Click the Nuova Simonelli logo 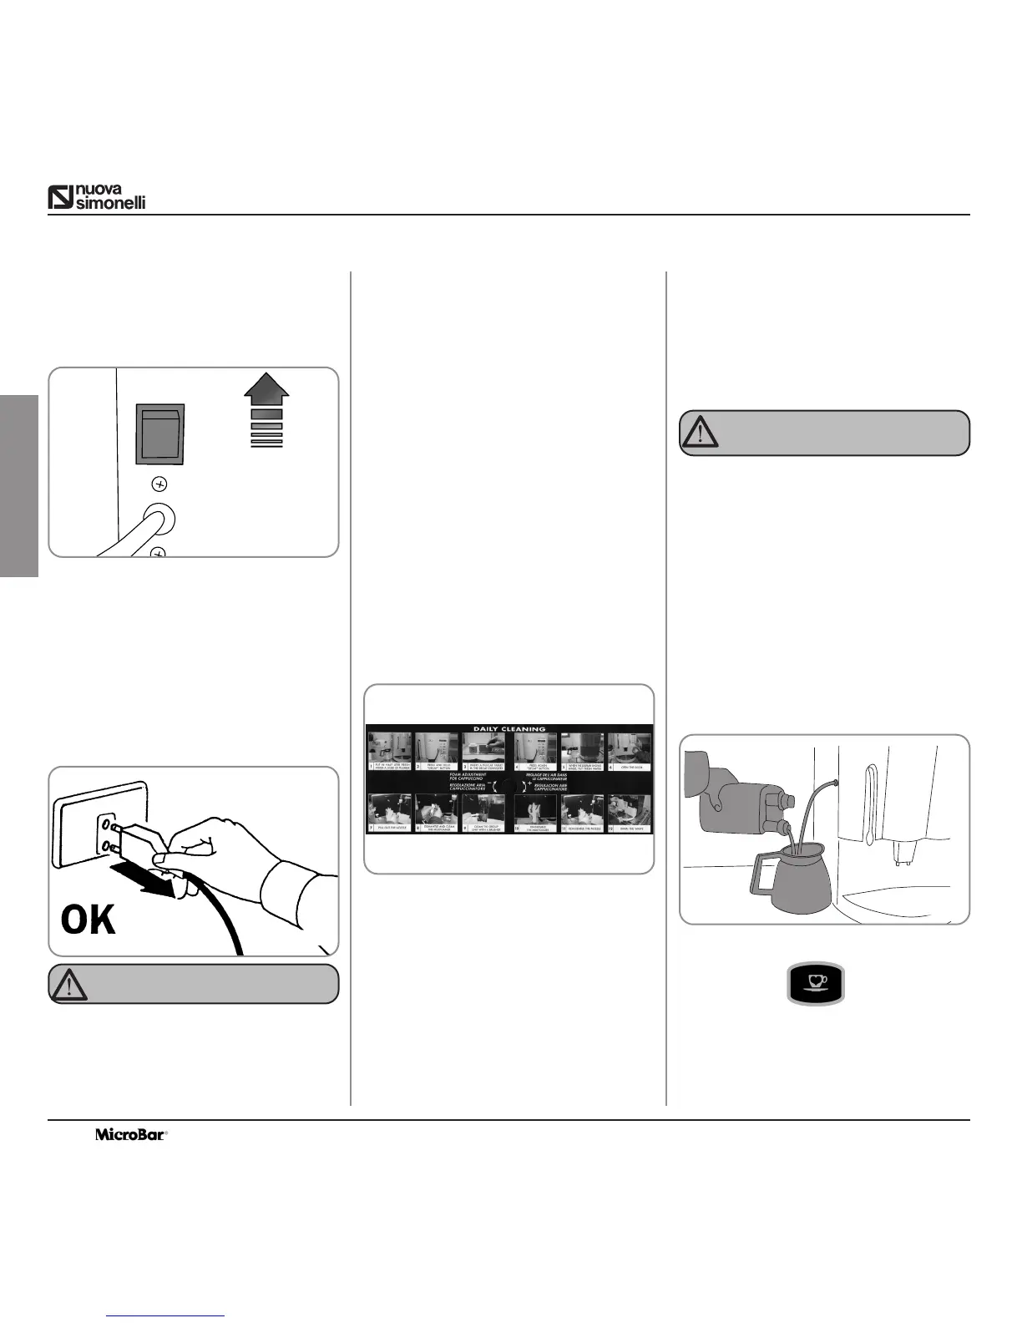(97, 196)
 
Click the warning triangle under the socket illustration (68, 984)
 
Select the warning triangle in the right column (701, 432)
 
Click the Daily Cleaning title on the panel (509, 728)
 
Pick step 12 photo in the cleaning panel (629, 812)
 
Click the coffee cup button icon (816, 983)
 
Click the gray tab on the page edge (18, 485)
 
